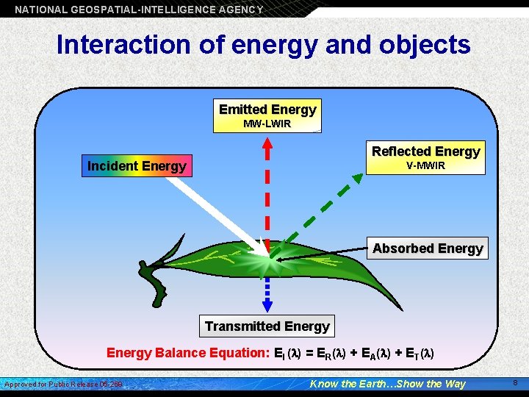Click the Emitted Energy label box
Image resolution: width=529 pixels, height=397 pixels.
[267, 115]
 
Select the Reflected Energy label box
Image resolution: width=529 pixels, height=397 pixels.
[425, 157]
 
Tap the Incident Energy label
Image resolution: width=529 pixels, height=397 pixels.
[137, 166]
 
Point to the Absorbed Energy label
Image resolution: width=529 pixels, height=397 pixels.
[428, 248]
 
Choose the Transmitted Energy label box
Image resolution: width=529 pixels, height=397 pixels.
[267, 326]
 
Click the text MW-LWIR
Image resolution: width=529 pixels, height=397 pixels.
[267, 124]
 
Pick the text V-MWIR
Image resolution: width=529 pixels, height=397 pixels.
[425, 165]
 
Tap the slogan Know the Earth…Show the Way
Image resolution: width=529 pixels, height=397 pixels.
[388, 384]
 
